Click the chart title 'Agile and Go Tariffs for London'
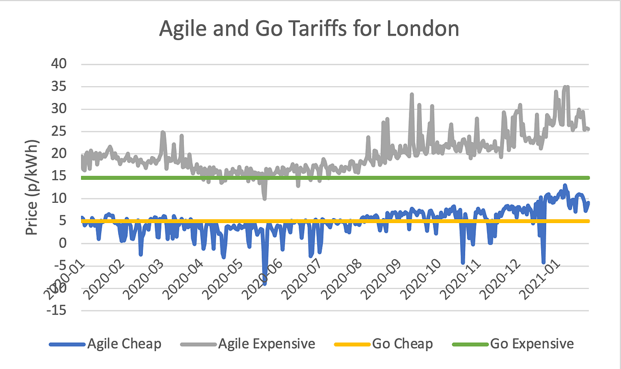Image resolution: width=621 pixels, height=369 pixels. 309,29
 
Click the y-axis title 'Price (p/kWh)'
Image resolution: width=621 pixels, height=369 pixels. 33,186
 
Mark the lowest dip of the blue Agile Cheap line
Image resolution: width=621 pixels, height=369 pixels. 264,284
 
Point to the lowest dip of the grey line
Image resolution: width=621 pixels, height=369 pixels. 264,198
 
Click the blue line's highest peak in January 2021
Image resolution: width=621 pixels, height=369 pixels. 565,185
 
